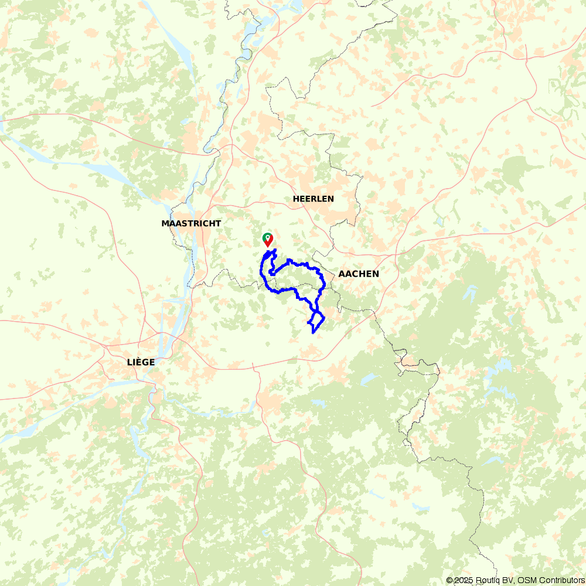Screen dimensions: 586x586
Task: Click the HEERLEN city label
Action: click(314, 199)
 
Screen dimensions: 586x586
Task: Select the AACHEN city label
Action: click(358, 274)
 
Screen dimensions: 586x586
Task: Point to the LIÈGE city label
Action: click(141, 362)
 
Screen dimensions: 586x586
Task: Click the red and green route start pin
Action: click(268, 239)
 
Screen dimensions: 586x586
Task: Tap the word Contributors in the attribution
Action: click(557, 580)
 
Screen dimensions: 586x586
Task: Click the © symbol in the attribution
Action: click(449, 580)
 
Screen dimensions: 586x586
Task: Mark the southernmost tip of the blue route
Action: click(314, 333)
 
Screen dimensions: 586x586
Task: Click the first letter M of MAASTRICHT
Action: click(165, 223)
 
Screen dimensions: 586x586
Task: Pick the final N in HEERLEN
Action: click(331, 199)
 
